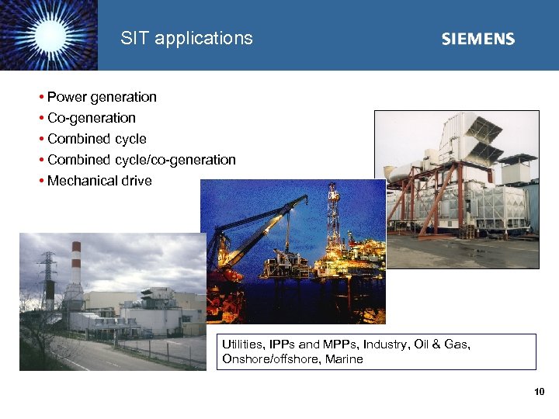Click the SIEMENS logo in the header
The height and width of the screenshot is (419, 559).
(x=477, y=39)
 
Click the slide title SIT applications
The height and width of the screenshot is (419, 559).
(x=186, y=38)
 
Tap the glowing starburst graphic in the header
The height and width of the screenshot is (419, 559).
(x=48, y=35)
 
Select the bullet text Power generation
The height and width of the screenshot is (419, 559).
(x=102, y=97)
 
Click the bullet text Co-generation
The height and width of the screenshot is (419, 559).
(x=92, y=118)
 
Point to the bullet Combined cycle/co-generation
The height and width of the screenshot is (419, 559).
(x=141, y=160)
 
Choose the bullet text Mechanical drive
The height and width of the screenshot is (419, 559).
(x=99, y=181)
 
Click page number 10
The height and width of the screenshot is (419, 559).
(x=540, y=393)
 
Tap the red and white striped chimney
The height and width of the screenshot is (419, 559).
(x=76, y=268)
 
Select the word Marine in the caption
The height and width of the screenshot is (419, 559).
(x=344, y=358)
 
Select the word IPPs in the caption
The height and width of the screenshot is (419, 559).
(x=284, y=345)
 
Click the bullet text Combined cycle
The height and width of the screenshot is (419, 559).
(x=97, y=139)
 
